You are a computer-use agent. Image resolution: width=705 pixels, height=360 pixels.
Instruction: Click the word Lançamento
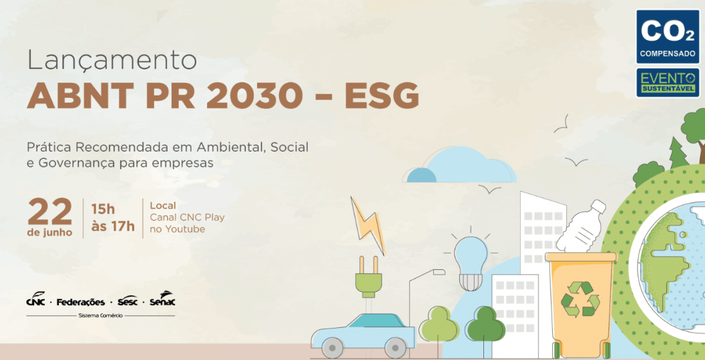112,61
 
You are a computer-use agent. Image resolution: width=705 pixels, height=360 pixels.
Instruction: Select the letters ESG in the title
382,96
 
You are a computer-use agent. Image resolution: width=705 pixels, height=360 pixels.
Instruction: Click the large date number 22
50,212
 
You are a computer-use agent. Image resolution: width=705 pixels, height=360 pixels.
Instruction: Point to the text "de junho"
49,232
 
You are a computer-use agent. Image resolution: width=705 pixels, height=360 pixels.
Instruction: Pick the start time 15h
103,209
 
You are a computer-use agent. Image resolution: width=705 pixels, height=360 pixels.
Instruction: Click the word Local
163,206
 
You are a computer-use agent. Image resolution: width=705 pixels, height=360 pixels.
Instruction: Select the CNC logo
35,300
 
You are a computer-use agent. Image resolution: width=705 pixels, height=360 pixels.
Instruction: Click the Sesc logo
128,301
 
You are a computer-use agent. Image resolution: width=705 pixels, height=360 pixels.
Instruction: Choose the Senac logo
162,299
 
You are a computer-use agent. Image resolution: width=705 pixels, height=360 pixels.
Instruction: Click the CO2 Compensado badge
668,37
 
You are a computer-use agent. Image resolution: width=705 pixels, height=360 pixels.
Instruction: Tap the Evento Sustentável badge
668,83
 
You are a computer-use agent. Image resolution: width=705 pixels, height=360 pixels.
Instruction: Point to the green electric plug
369,277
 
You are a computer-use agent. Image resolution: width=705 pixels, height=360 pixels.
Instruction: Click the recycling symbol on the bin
580,299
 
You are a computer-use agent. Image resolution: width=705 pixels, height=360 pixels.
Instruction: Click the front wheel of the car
395,348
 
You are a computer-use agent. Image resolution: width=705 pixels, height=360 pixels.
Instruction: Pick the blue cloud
459,166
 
